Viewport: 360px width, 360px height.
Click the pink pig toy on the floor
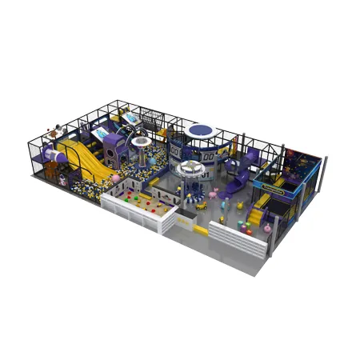(x=214, y=193)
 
